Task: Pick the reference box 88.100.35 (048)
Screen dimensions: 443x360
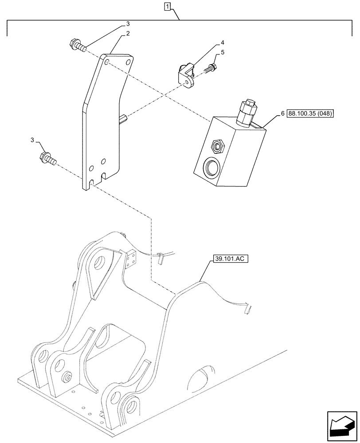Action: tap(310, 114)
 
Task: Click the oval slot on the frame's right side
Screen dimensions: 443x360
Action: tap(202, 376)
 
